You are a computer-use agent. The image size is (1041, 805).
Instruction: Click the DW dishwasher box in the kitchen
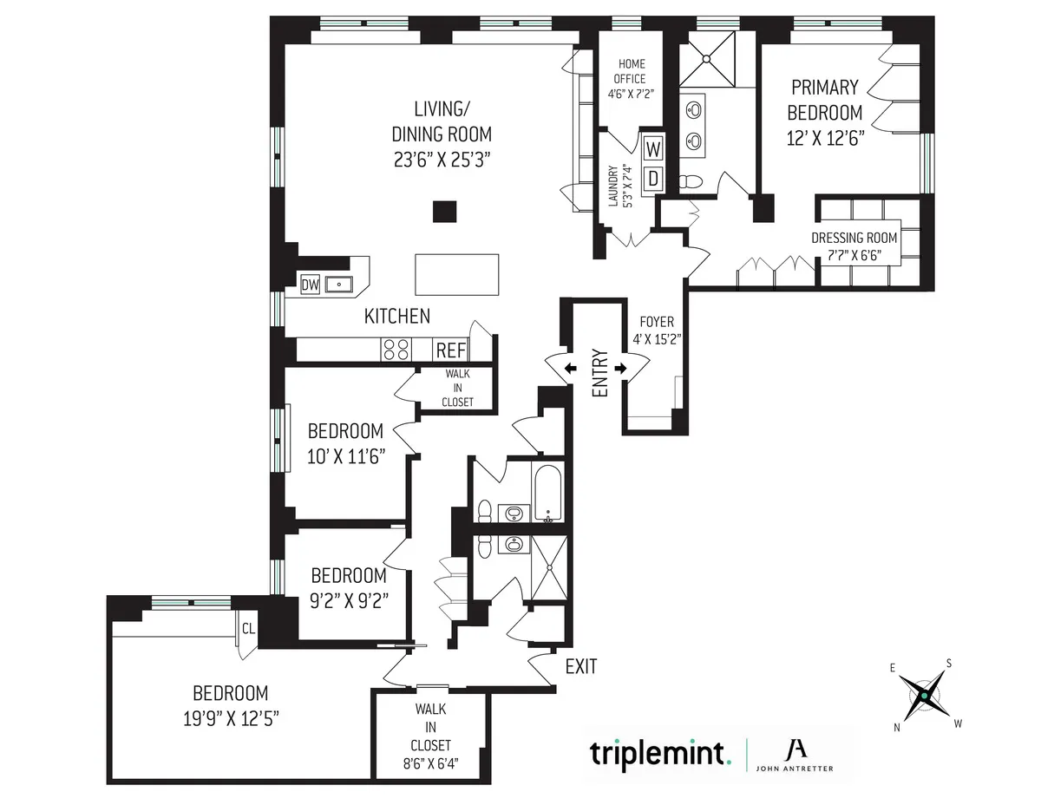pyautogui.click(x=310, y=284)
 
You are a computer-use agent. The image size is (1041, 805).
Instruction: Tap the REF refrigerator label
pyautogui.click(x=450, y=350)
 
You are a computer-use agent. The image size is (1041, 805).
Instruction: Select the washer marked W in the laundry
pyautogui.click(x=653, y=147)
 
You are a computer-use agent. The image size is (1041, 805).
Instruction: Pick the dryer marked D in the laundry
pyautogui.click(x=653, y=179)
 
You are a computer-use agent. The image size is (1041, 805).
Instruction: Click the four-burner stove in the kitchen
pyautogui.click(x=396, y=350)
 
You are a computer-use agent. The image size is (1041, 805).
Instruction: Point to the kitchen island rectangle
pyautogui.click(x=457, y=276)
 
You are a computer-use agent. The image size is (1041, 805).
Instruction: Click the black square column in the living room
pyautogui.click(x=444, y=212)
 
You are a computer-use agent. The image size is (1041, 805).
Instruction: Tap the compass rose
pyautogui.click(x=925, y=695)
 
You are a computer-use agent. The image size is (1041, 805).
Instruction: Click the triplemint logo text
pyautogui.click(x=658, y=752)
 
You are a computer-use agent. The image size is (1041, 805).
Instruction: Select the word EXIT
pyautogui.click(x=580, y=666)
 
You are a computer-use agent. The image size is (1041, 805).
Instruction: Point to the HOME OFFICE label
pyautogui.click(x=631, y=71)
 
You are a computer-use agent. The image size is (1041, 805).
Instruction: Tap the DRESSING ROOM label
pyautogui.click(x=854, y=238)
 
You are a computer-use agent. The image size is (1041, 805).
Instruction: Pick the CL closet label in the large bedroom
pyautogui.click(x=247, y=627)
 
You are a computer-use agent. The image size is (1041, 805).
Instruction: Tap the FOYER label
pyautogui.click(x=656, y=321)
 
